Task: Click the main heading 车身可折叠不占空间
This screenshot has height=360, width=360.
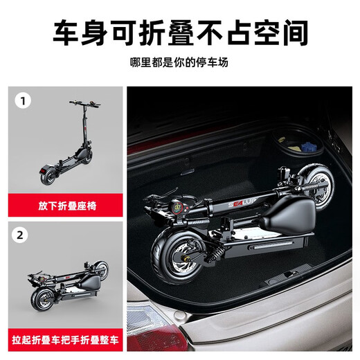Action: tap(179, 31)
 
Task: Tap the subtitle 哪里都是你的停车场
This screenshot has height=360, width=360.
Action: tap(179, 63)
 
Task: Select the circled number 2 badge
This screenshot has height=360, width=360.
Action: tap(21, 235)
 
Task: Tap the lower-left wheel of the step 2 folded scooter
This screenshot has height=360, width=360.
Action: tap(42, 300)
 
